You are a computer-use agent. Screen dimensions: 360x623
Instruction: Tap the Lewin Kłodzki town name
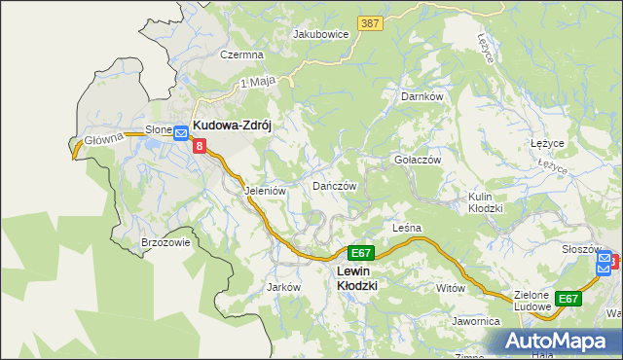pos(356,278)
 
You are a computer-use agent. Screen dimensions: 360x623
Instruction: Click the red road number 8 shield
pos(200,147)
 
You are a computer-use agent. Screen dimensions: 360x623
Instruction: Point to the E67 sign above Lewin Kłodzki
pos(359,252)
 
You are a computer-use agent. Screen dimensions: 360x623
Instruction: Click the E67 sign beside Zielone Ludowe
pos(568,299)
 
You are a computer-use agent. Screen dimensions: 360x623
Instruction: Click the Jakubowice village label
pos(321,33)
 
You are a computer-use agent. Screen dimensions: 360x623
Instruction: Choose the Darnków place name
pos(422,97)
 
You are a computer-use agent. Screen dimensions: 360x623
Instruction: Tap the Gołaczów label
pos(418,160)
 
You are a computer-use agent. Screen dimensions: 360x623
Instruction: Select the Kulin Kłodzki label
pos(485,202)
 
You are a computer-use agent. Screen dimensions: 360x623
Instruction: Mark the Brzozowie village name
pos(165,243)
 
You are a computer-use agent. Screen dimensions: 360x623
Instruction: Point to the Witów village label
pos(452,289)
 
